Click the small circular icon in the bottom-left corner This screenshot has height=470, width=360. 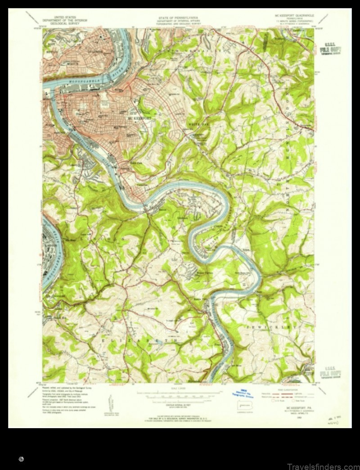(x=22, y=459)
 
